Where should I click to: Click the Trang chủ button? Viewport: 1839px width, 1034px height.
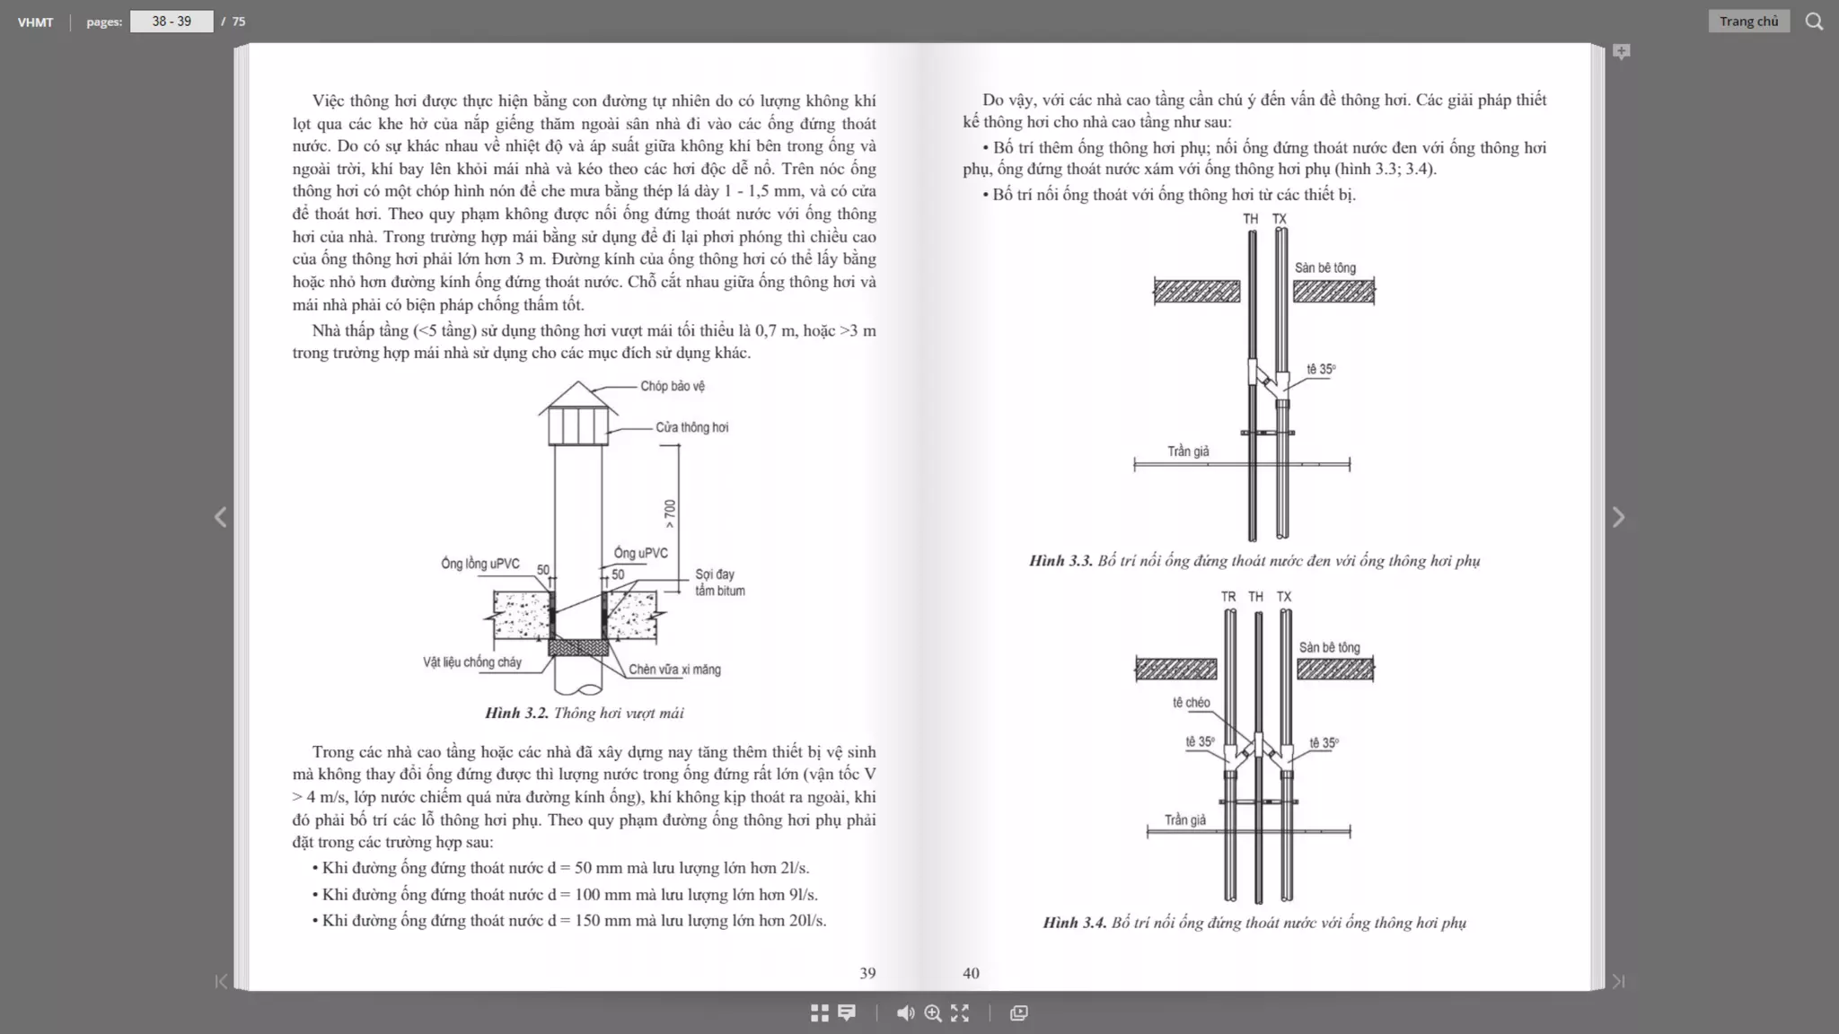tap(1748, 22)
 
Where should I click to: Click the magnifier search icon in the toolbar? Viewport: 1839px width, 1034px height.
tap(1814, 22)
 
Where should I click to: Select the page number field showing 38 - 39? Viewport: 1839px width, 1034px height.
tap(172, 22)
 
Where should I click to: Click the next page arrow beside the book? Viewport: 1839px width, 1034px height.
tap(1618, 517)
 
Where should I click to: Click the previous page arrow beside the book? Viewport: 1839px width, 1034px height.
tap(221, 517)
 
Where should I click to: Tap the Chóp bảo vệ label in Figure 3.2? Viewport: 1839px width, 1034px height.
tap(672, 386)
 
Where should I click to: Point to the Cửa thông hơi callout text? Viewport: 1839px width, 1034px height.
tap(691, 427)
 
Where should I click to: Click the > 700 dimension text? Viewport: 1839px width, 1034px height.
tap(670, 513)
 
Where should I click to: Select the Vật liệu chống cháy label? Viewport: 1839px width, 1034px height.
tap(472, 662)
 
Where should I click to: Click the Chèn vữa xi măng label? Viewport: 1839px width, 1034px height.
tap(674, 670)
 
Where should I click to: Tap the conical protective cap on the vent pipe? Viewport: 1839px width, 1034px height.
tap(578, 397)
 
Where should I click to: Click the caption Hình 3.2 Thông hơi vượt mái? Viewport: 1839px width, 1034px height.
tap(584, 713)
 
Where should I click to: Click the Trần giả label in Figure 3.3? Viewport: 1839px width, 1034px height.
tap(1188, 451)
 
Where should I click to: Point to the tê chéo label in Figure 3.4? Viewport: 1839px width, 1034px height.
tap(1191, 703)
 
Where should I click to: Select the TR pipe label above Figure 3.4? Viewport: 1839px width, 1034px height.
tap(1228, 597)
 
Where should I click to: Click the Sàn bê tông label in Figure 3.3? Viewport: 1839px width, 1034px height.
tap(1325, 267)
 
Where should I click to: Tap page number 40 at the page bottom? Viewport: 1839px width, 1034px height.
tap(971, 973)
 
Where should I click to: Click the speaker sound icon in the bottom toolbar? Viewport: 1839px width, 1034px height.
tap(905, 1013)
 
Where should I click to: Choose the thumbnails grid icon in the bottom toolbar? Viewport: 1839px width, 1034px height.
tap(820, 1013)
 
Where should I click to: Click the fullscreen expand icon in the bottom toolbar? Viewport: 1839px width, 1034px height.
tap(960, 1013)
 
